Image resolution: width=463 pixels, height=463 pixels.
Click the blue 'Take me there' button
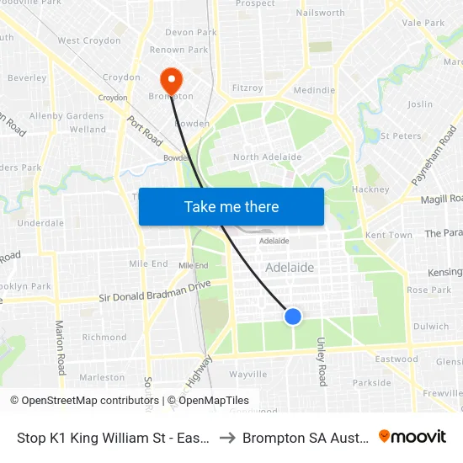[x=231, y=206]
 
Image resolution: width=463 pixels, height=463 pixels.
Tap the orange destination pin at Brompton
[x=171, y=81]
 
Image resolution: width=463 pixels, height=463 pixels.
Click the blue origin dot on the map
[x=292, y=317]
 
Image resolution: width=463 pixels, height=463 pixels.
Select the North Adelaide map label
[x=267, y=157]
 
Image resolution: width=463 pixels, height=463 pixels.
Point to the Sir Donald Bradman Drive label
[x=155, y=291]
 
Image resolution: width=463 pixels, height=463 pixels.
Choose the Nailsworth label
[x=321, y=13]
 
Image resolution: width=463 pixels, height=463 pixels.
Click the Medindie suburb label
[x=314, y=91]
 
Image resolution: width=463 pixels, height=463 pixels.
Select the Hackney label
[x=370, y=189]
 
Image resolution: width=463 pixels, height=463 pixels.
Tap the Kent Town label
[x=389, y=235]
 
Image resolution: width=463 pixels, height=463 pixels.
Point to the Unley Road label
[x=322, y=361]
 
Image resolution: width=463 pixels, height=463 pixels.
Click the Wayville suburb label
[x=247, y=375]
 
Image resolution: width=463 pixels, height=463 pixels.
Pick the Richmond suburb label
[x=104, y=338]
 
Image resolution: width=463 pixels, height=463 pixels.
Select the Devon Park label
[x=191, y=33]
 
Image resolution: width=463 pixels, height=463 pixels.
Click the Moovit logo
[x=412, y=437]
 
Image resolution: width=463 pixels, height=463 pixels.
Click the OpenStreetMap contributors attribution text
[x=83, y=401]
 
